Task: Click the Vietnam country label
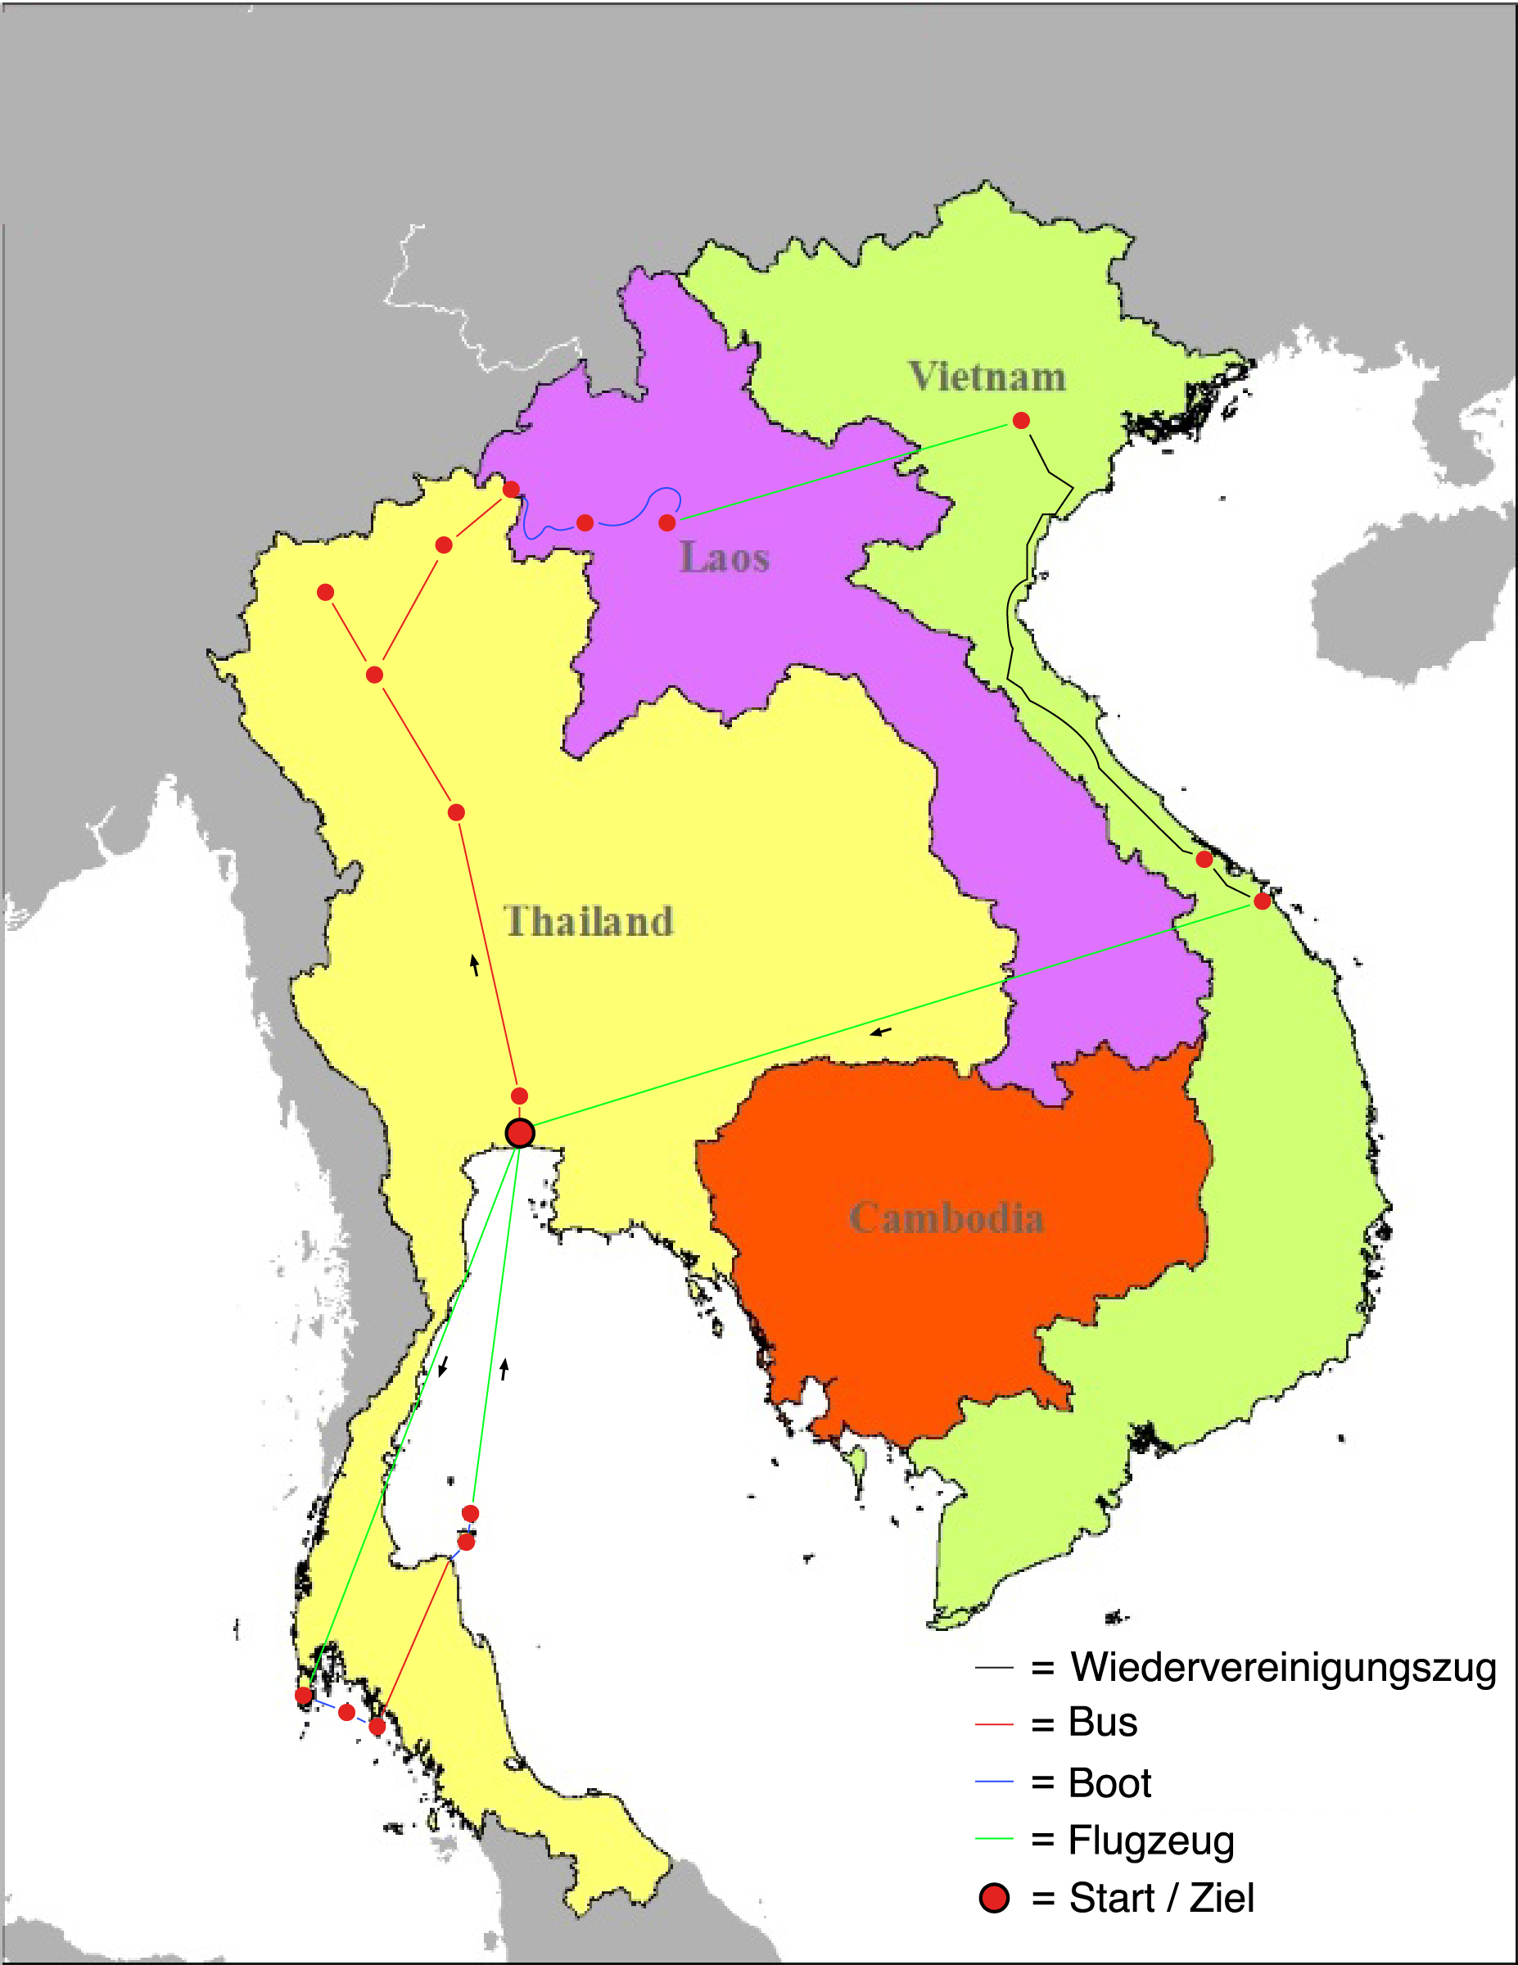click(x=987, y=376)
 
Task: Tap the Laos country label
click(x=725, y=557)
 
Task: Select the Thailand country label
click(x=589, y=921)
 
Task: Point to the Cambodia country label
click(x=946, y=1217)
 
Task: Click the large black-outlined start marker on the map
click(x=520, y=1133)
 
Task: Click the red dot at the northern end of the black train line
click(x=1020, y=420)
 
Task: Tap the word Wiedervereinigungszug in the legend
click(x=1283, y=1667)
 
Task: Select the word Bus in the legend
click(x=1102, y=1722)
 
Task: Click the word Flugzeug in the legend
click(x=1150, y=1840)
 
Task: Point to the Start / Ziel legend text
click(x=1161, y=1898)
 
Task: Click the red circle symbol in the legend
click(x=994, y=1898)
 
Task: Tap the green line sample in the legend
click(x=994, y=1839)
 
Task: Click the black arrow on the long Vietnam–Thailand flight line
click(x=881, y=1031)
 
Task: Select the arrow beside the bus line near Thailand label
click(x=474, y=965)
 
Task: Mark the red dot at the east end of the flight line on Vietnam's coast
click(x=1262, y=901)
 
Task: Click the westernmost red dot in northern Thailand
click(x=326, y=592)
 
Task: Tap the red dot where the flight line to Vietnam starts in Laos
click(x=666, y=522)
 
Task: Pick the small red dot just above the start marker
click(x=519, y=1095)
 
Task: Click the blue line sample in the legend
click(x=994, y=1782)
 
